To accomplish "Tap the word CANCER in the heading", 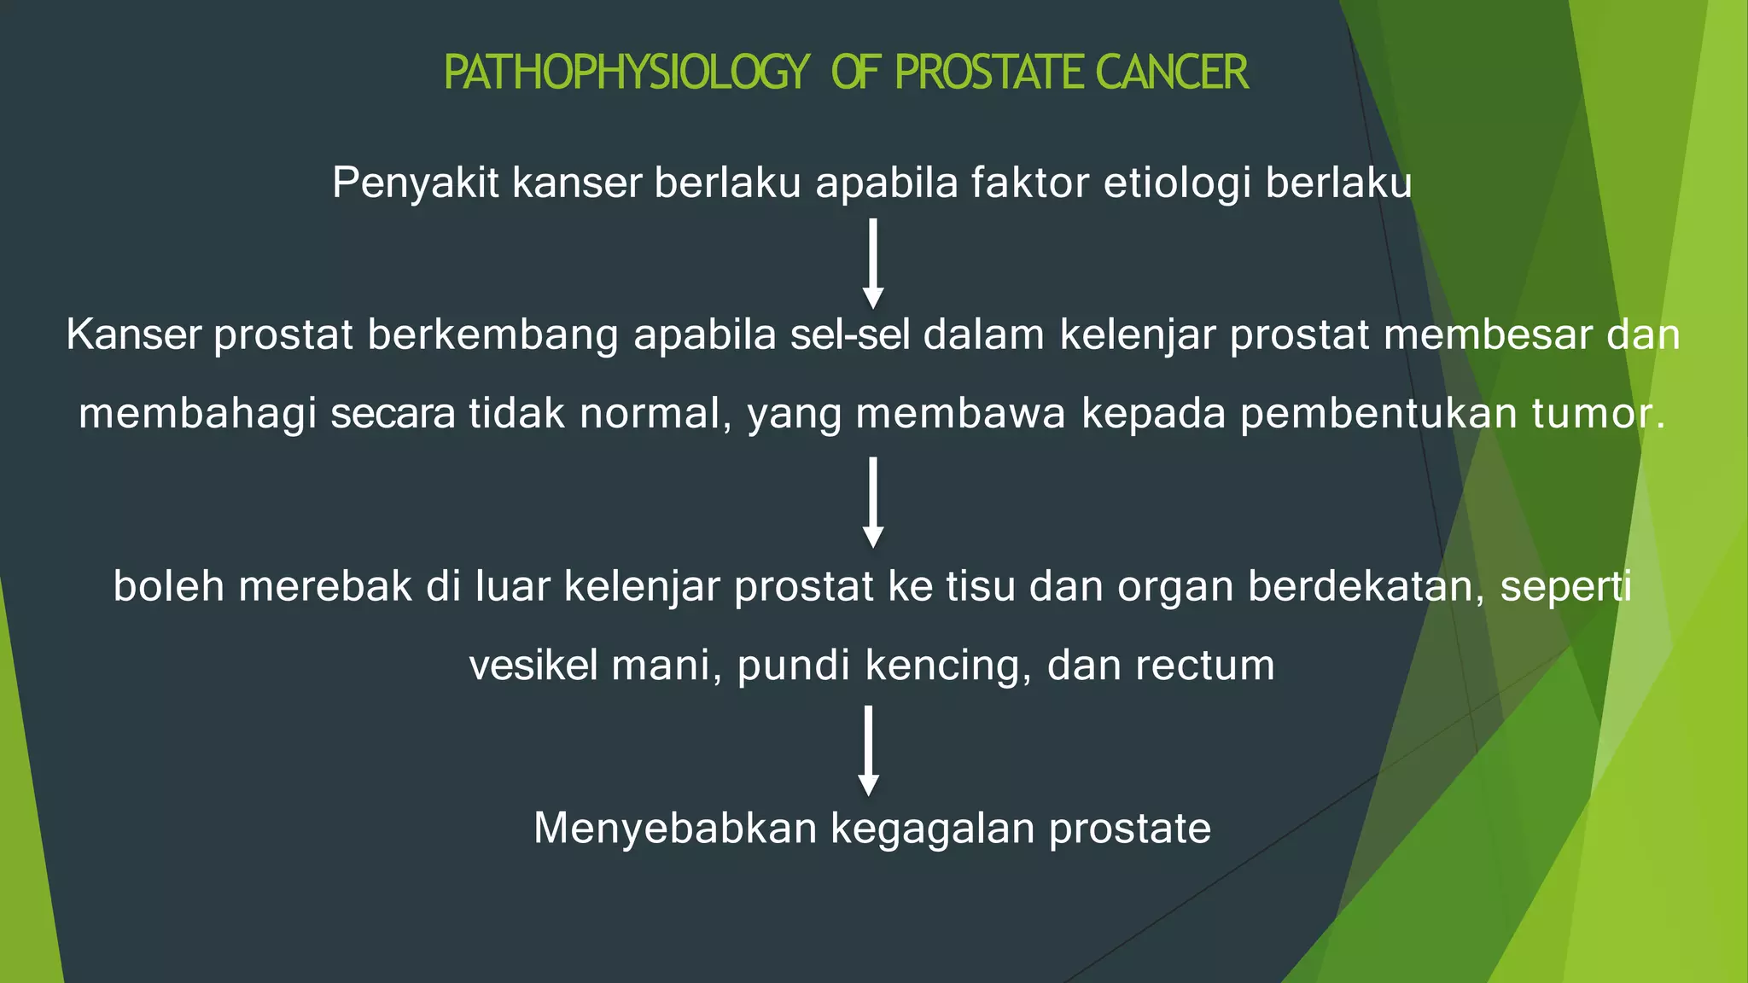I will (1171, 73).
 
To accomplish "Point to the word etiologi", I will (1177, 183).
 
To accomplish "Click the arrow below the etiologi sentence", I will (872, 263).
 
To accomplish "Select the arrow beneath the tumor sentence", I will (872, 502).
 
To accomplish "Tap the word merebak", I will (324, 587).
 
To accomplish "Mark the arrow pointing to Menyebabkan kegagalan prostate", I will (868, 750).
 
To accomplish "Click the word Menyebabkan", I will (675, 829).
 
